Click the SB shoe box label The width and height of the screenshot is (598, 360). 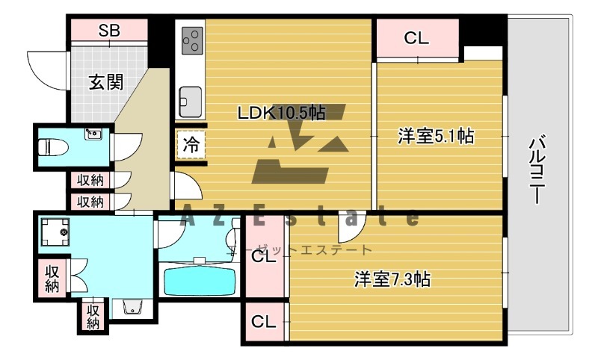110,31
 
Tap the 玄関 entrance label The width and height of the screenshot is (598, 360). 106,82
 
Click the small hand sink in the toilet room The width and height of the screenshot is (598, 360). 93,135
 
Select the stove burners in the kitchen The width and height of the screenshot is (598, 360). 191,39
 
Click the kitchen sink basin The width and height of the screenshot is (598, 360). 188,98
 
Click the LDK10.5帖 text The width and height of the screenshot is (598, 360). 280,114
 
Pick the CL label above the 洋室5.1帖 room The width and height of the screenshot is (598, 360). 416,38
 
